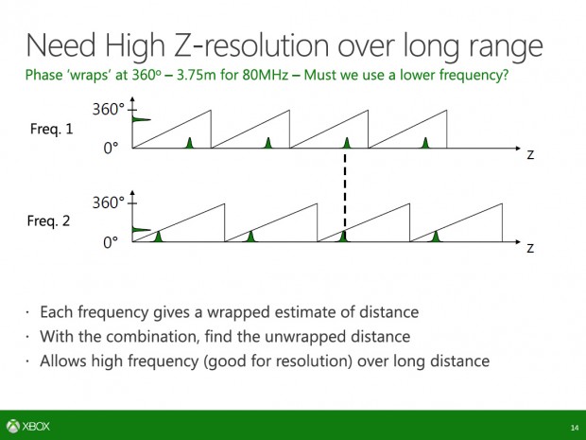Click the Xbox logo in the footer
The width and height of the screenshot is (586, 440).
click(30, 426)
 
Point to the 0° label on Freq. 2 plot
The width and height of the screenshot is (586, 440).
click(111, 242)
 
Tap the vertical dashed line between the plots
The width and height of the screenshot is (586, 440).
click(344, 191)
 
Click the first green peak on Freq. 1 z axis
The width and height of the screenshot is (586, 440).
click(189, 143)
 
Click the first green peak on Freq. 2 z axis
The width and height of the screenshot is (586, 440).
click(158, 236)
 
